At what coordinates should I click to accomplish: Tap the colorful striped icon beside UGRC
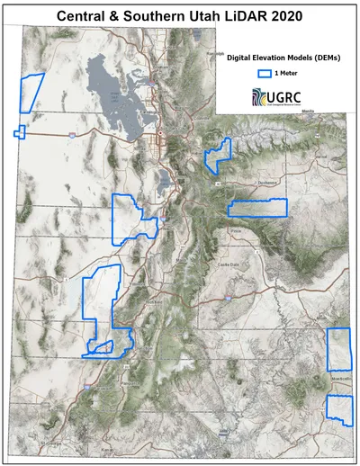(260, 96)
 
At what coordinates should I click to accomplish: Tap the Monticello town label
(340, 380)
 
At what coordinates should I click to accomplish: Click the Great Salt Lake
(112, 94)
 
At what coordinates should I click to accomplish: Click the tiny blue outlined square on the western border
(20, 133)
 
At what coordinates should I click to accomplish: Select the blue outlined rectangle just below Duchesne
(256, 208)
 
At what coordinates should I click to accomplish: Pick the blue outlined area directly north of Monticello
(338, 350)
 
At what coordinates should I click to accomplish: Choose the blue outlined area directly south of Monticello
(338, 409)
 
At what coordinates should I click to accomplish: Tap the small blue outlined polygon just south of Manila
(217, 155)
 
